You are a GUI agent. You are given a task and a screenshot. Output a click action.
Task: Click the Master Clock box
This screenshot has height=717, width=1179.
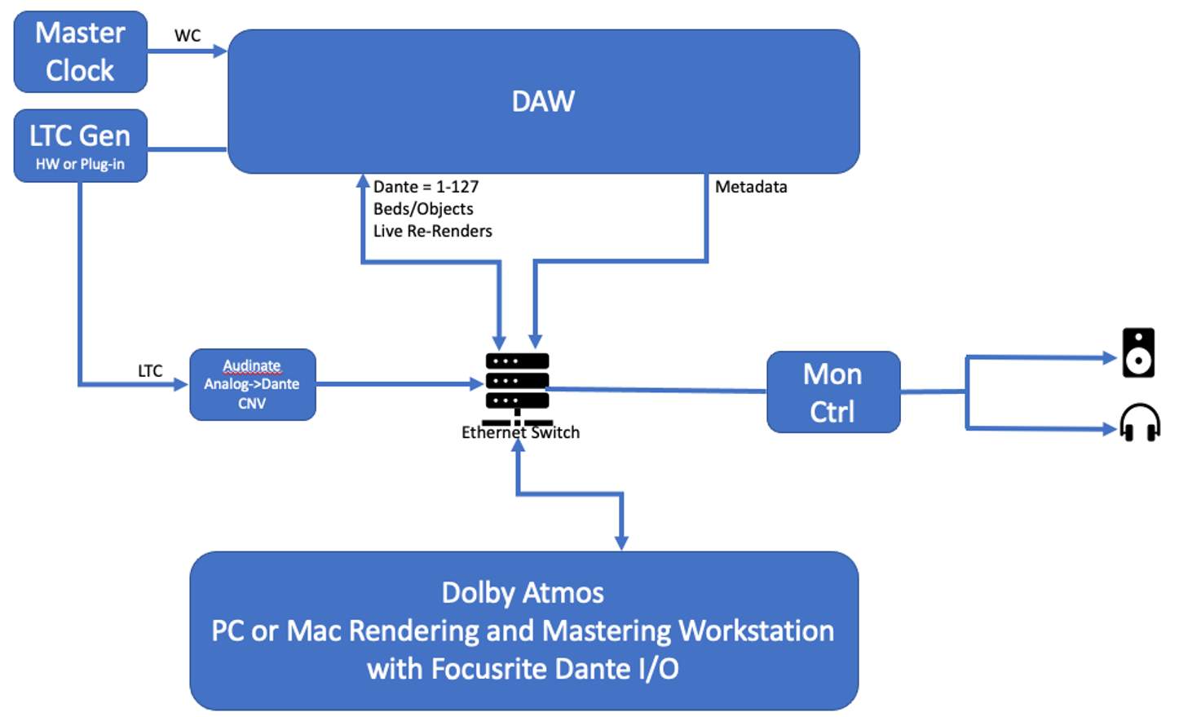[80, 51]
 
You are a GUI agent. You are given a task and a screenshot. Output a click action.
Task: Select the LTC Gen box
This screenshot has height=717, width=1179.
[80, 145]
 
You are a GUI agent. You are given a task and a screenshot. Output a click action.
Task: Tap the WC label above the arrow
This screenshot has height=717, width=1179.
[188, 35]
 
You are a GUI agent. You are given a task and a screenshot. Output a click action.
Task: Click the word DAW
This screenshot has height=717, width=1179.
[543, 101]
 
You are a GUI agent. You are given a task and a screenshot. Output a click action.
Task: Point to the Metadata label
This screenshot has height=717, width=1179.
[751, 187]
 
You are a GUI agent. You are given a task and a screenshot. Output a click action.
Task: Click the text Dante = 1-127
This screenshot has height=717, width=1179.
[426, 187]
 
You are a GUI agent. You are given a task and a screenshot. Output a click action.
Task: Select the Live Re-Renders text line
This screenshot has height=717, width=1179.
[432, 231]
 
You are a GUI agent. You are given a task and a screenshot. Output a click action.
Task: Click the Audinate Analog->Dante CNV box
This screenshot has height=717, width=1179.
[252, 384]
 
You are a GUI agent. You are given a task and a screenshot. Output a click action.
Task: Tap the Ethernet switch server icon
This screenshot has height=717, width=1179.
[517, 381]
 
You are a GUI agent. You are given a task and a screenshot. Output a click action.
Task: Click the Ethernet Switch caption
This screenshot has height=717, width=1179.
[520, 433]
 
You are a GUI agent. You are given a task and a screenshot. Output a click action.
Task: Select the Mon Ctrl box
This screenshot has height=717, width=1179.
[832, 392]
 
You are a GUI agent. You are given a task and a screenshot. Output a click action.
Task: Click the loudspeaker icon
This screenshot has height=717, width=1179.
[1138, 352]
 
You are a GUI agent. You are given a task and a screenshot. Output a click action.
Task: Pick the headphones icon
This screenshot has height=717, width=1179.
[1139, 423]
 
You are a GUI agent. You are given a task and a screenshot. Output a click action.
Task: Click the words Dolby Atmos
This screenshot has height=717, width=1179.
[523, 593]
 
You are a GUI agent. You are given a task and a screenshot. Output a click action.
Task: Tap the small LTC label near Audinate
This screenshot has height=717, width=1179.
[150, 370]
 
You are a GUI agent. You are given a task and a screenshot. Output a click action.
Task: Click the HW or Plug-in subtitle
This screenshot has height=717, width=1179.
[80, 164]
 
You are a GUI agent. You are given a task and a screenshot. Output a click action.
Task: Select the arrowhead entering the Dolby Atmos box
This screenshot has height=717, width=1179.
[621, 542]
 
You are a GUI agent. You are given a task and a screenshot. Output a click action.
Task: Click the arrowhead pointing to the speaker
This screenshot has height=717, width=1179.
[1109, 357]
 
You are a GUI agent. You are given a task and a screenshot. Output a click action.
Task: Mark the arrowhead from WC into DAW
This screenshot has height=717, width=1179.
[219, 51]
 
